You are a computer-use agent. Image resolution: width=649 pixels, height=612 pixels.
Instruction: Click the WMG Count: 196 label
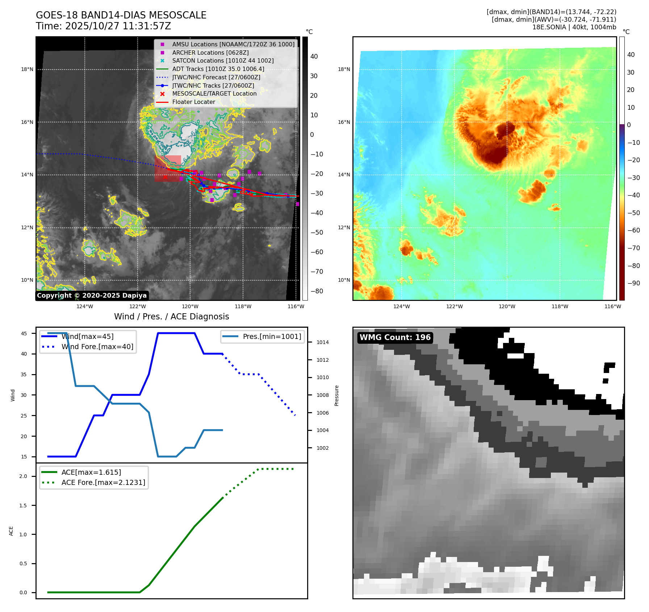click(395, 338)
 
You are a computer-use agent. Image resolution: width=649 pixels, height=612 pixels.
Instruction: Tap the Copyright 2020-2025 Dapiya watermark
click(92, 295)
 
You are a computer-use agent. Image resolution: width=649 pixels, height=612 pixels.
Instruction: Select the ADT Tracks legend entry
click(218, 69)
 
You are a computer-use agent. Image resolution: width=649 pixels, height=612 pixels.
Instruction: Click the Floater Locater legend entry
click(193, 102)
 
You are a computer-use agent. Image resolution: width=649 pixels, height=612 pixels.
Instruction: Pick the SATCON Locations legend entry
click(223, 60)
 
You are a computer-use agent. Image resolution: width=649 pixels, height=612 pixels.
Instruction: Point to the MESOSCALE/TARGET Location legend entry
click(214, 93)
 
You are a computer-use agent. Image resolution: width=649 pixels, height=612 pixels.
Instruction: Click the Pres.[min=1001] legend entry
click(272, 336)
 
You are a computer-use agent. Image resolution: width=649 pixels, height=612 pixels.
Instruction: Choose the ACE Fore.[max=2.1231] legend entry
click(103, 482)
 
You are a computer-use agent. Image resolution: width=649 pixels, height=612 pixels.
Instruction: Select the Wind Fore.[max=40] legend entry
click(97, 347)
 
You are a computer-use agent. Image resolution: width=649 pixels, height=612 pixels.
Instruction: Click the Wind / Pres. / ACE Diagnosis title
click(171, 317)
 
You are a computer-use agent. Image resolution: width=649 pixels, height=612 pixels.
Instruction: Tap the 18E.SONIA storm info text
click(574, 27)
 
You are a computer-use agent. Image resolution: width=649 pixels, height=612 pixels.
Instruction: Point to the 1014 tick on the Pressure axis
click(322, 342)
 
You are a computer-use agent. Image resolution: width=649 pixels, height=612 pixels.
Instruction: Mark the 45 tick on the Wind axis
click(24, 334)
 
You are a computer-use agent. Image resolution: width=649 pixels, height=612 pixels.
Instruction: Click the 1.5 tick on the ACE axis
click(23, 506)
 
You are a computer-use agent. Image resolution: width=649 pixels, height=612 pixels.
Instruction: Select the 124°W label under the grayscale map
click(85, 306)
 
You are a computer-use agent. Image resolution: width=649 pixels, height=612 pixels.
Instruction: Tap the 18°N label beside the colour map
click(344, 69)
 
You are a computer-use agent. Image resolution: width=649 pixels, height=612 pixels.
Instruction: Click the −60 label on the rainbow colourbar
click(633, 230)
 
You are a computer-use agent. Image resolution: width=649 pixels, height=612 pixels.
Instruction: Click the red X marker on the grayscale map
click(165, 177)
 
